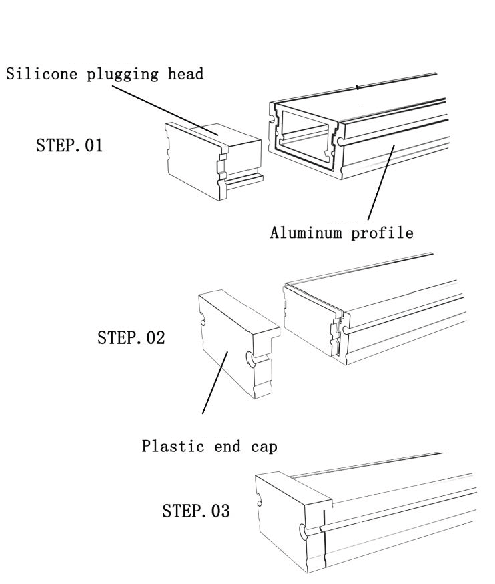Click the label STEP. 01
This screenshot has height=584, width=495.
(69, 145)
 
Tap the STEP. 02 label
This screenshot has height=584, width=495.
(131, 337)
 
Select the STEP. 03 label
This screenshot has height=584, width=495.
(196, 511)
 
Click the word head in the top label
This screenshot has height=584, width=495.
(187, 74)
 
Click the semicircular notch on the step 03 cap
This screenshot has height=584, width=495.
(304, 531)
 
